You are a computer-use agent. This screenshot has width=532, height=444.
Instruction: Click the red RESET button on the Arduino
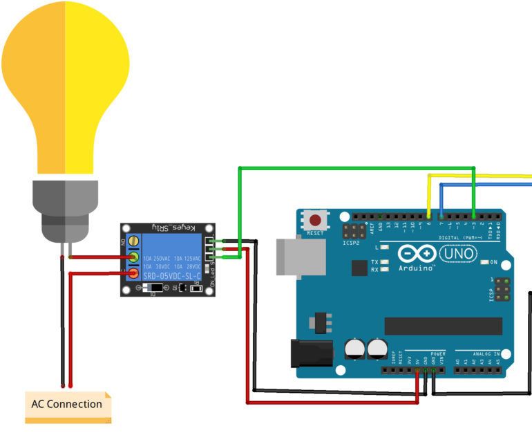316,221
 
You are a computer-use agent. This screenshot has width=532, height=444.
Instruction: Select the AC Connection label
66,404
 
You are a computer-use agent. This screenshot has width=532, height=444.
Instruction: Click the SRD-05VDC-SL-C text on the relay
171,275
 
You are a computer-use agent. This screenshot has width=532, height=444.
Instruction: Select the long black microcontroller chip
443,326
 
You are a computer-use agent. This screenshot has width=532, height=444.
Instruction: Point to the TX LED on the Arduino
384,262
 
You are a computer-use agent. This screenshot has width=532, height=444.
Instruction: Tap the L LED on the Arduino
384,247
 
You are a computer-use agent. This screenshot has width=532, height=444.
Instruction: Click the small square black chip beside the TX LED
359,268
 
